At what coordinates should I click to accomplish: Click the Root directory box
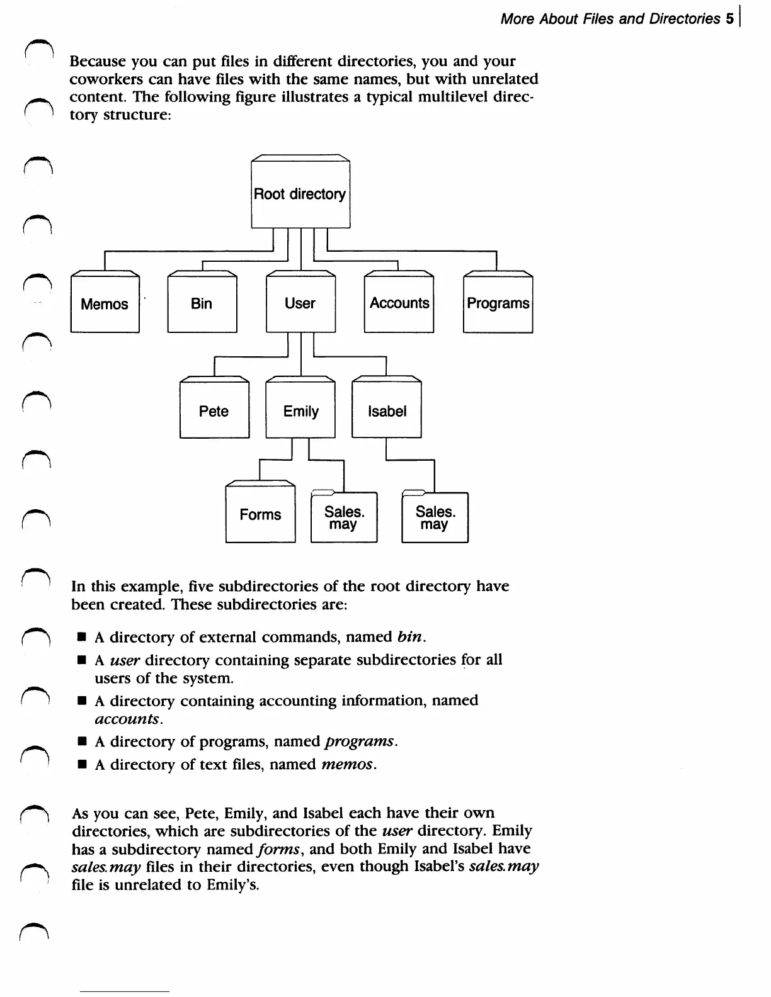pos(300,194)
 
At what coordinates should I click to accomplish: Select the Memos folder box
pos(105,304)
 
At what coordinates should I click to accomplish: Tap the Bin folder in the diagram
pos(202,304)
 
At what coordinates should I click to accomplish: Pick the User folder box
pos(300,304)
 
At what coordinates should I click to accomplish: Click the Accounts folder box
pos(399,304)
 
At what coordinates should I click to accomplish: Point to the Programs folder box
pos(498,304)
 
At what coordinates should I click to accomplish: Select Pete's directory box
pos(214,412)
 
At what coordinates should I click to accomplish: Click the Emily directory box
pos(300,412)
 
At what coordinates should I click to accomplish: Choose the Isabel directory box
pos(386,412)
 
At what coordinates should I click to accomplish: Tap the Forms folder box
pos(260,515)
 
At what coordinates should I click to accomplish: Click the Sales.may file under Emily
pos(344,517)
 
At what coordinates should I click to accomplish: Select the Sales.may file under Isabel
pos(435,517)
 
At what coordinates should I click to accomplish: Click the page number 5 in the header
pos(729,19)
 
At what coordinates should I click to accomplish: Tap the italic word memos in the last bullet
pos(348,765)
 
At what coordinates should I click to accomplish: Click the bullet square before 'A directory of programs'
pos(81,742)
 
